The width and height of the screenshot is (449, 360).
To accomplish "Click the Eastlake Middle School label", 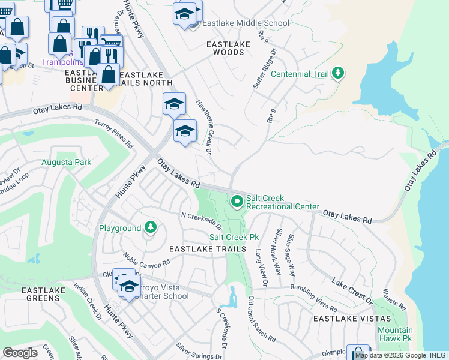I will (x=246, y=23).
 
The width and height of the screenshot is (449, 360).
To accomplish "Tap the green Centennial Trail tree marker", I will (x=339, y=74).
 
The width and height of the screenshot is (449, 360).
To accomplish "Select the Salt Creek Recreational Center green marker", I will (x=238, y=202).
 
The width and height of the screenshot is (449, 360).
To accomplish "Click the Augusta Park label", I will (x=66, y=163).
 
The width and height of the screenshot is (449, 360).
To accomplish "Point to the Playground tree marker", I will (x=151, y=228).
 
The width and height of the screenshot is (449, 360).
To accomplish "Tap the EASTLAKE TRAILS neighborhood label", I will (x=208, y=249).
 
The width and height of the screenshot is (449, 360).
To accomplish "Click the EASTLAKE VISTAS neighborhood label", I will (x=352, y=319).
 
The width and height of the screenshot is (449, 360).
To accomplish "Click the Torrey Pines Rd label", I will (x=113, y=133).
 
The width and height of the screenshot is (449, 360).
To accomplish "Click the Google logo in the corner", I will (x=20, y=353).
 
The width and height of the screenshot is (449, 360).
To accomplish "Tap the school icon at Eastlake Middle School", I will (x=185, y=14).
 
